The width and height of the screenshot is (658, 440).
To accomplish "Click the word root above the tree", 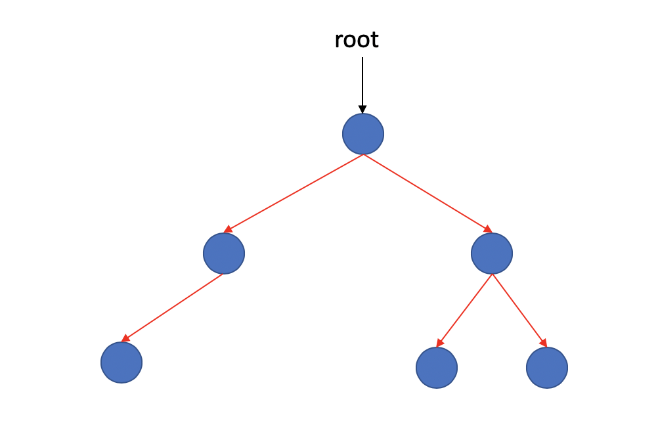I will click(x=357, y=41).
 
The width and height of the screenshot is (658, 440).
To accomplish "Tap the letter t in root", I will click(x=375, y=41).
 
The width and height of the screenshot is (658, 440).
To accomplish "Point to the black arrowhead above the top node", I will click(x=362, y=109).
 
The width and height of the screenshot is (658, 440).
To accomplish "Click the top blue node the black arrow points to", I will click(x=363, y=134).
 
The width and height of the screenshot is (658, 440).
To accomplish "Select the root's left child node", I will click(x=224, y=253).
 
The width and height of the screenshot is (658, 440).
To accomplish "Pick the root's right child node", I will click(x=492, y=253).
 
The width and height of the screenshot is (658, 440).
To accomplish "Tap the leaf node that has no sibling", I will click(x=121, y=363).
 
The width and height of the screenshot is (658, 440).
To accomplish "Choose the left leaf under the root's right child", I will click(x=437, y=368).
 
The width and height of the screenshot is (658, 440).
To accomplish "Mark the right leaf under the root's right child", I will click(x=547, y=368).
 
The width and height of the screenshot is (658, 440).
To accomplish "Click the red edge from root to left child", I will click(x=296, y=192).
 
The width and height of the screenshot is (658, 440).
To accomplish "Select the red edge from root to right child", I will click(x=427, y=192).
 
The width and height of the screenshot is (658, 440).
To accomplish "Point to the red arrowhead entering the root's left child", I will click(x=228, y=229).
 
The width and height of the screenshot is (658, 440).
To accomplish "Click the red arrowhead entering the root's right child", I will click(x=488, y=229).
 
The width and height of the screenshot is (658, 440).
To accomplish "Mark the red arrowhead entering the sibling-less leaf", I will click(x=125, y=338).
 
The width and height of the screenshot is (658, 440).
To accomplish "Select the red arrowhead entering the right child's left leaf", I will click(x=440, y=343).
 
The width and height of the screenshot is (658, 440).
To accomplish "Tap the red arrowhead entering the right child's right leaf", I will click(x=543, y=342).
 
